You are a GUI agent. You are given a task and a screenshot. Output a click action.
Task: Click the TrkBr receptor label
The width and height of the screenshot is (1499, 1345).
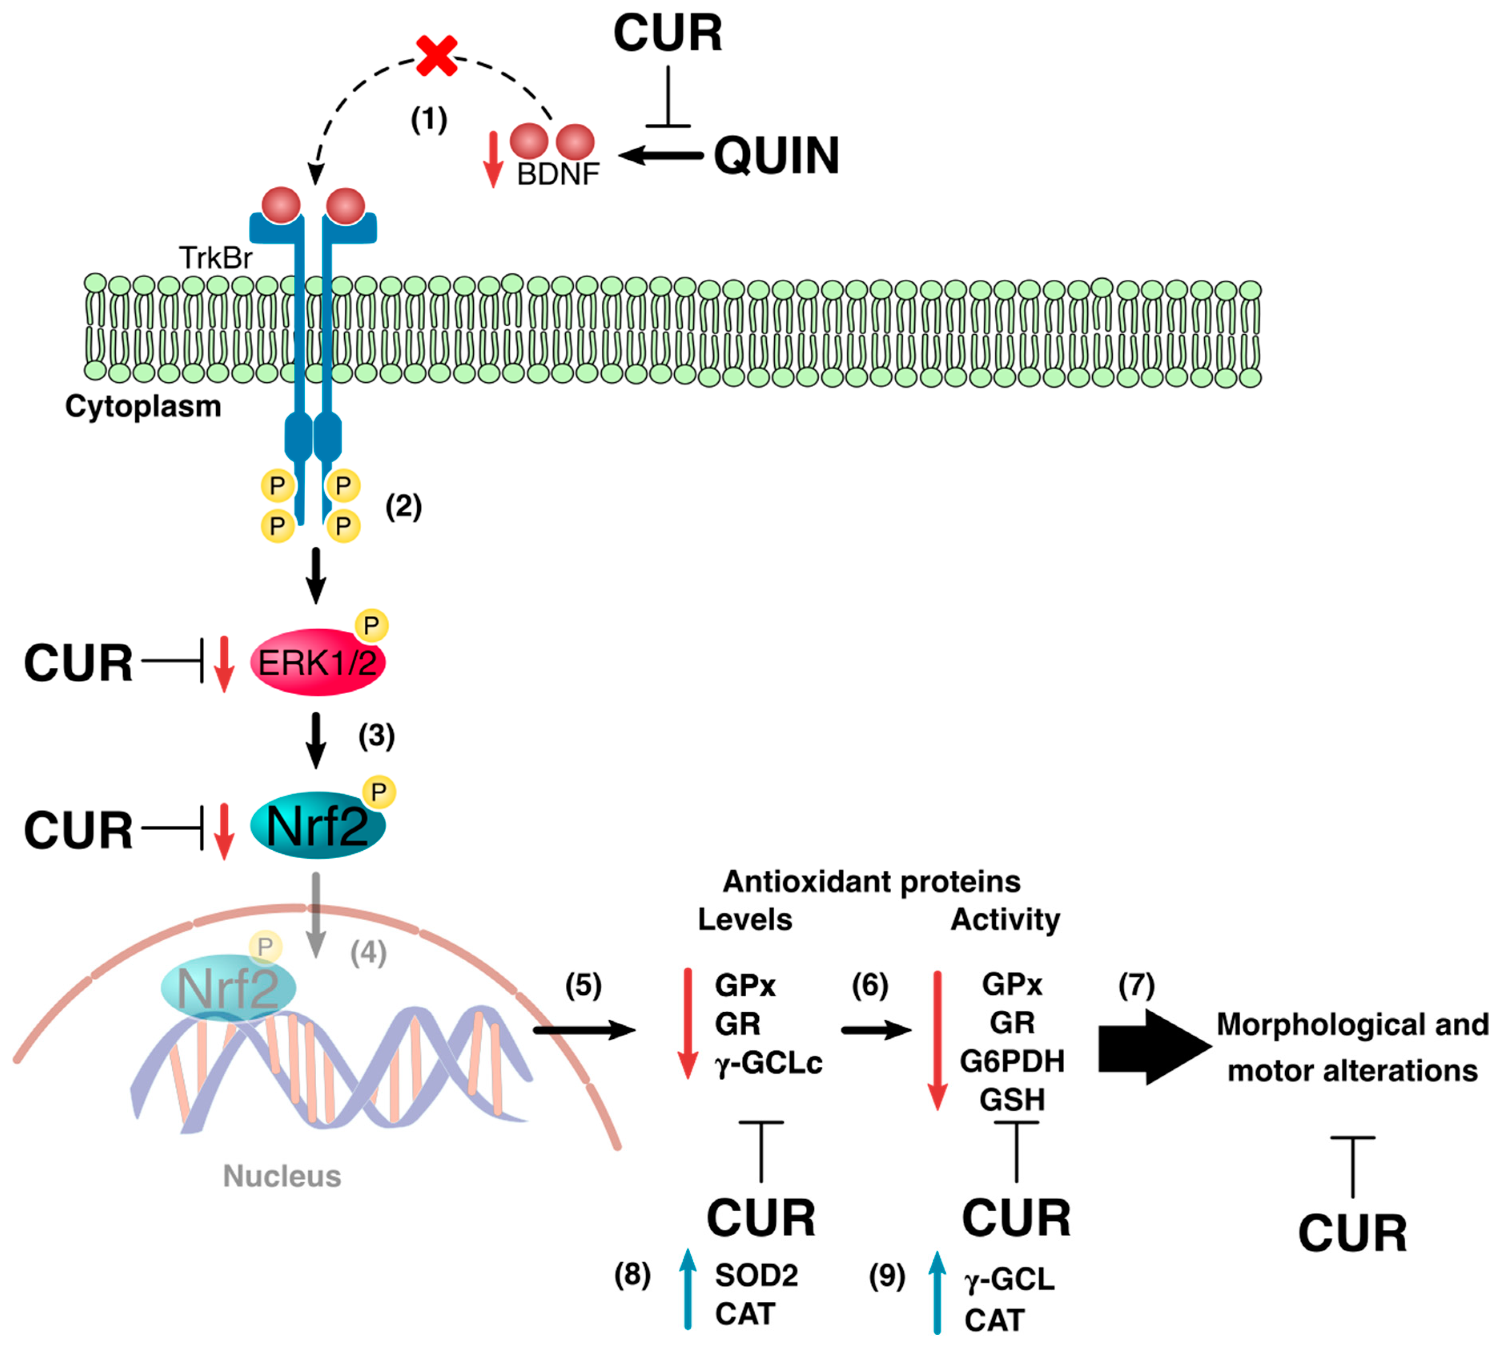(x=216, y=258)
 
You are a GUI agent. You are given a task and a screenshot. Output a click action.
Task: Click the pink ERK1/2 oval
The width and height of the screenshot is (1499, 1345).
(x=318, y=662)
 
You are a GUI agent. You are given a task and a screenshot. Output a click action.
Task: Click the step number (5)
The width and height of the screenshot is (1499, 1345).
(x=583, y=986)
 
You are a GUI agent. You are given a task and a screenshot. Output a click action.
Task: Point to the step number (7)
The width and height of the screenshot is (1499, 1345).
(x=1136, y=986)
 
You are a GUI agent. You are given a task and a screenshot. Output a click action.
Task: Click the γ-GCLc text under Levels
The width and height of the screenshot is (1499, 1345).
(x=769, y=1064)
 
